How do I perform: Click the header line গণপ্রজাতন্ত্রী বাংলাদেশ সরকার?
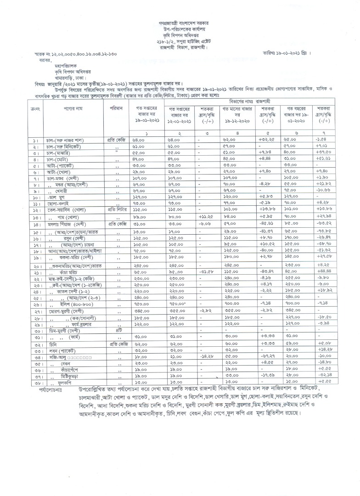tap(180, 23)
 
